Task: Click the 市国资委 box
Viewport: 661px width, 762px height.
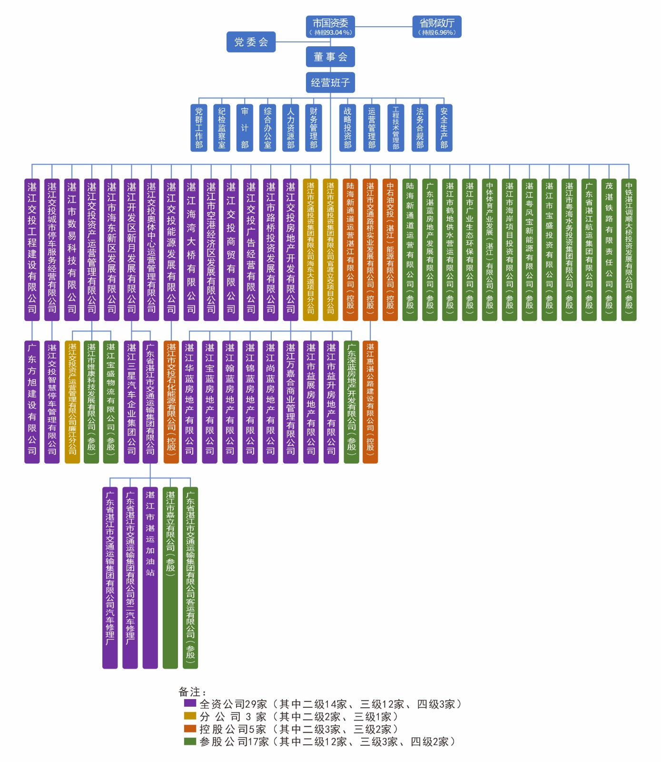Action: [x=330, y=27]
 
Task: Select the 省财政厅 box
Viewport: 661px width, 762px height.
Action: [x=437, y=27]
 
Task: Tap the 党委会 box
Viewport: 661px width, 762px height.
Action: [x=251, y=42]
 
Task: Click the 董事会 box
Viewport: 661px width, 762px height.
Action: [x=330, y=57]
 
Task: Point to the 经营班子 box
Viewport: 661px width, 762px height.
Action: [x=330, y=82]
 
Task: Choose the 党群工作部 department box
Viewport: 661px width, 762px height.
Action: [x=199, y=128]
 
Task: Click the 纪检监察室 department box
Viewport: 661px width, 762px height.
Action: [x=222, y=128]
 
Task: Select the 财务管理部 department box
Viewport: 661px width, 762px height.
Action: [x=314, y=128]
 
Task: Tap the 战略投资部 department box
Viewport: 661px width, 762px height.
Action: [x=348, y=128]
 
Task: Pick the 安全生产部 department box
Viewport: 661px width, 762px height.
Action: [x=444, y=128]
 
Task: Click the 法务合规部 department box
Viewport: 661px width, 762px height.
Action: [x=420, y=128]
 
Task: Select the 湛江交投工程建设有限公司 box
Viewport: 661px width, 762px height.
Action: [x=32, y=250]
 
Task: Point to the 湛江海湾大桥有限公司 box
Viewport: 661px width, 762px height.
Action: [x=191, y=250]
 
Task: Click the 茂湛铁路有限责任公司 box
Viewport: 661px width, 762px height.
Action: [x=609, y=250]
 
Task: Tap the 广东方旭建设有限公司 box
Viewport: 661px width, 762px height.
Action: [x=32, y=401]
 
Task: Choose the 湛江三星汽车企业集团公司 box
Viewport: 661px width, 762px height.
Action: [x=131, y=401]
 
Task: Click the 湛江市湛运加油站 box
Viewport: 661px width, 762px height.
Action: [x=150, y=577]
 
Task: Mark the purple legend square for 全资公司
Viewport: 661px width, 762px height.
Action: [x=190, y=703]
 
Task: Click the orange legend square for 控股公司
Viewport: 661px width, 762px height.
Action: [x=190, y=728]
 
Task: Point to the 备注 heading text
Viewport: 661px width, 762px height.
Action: [x=193, y=692]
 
